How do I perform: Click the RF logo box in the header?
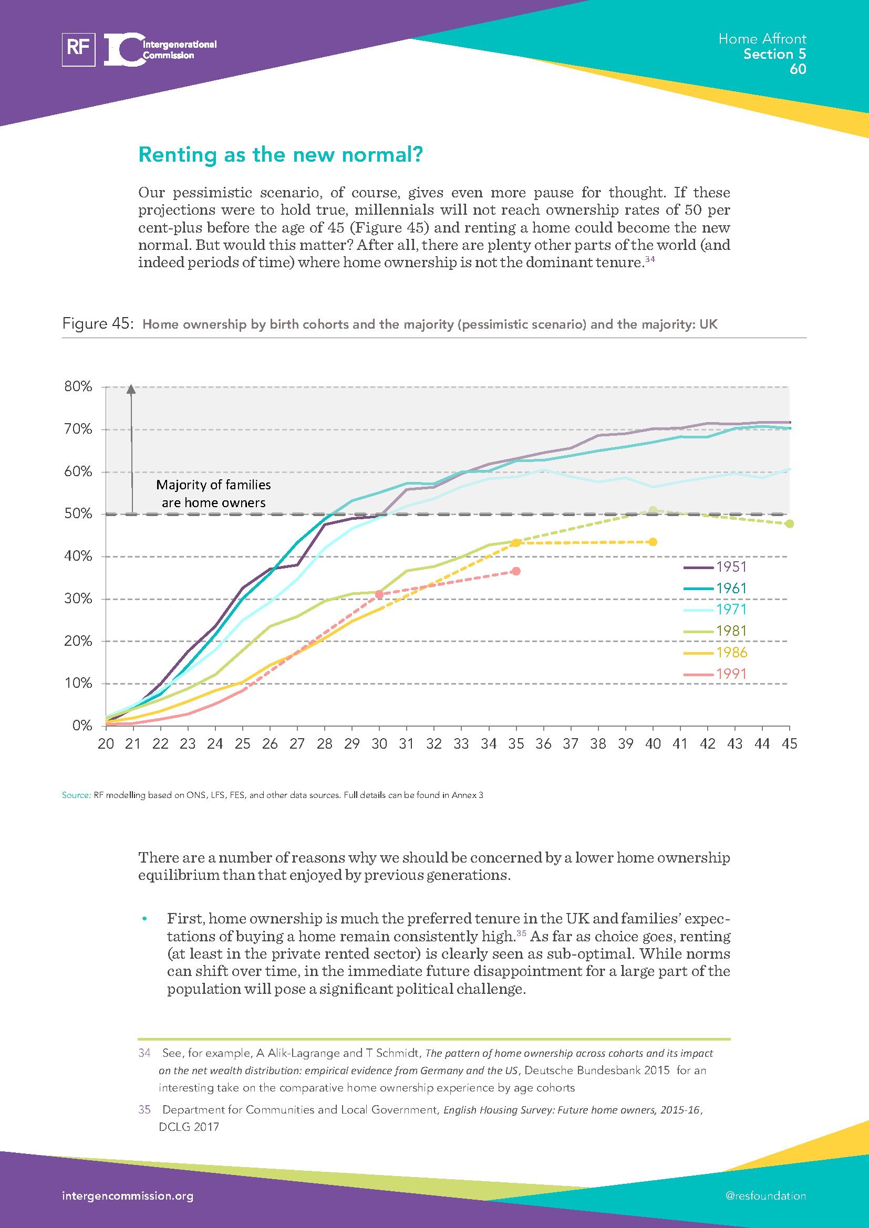(x=79, y=50)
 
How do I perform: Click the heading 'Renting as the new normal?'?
(x=281, y=155)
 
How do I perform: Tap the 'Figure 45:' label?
(x=97, y=323)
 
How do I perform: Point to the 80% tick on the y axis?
(x=78, y=386)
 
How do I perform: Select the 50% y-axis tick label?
(x=78, y=514)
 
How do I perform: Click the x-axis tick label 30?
(x=379, y=743)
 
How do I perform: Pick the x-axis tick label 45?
(x=789, y=743)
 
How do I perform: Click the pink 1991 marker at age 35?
(x=516, y=571)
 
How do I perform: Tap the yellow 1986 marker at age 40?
(x=653, y=542)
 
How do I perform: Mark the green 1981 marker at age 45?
(x=789, y=523)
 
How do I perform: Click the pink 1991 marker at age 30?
(x=379, y=594)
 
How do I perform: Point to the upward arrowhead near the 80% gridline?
(x=131, y=390)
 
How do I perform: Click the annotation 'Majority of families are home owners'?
(x=213, y=494)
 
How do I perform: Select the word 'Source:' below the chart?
(x=76, y=795)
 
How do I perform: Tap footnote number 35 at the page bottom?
(x=144, y=1110)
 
